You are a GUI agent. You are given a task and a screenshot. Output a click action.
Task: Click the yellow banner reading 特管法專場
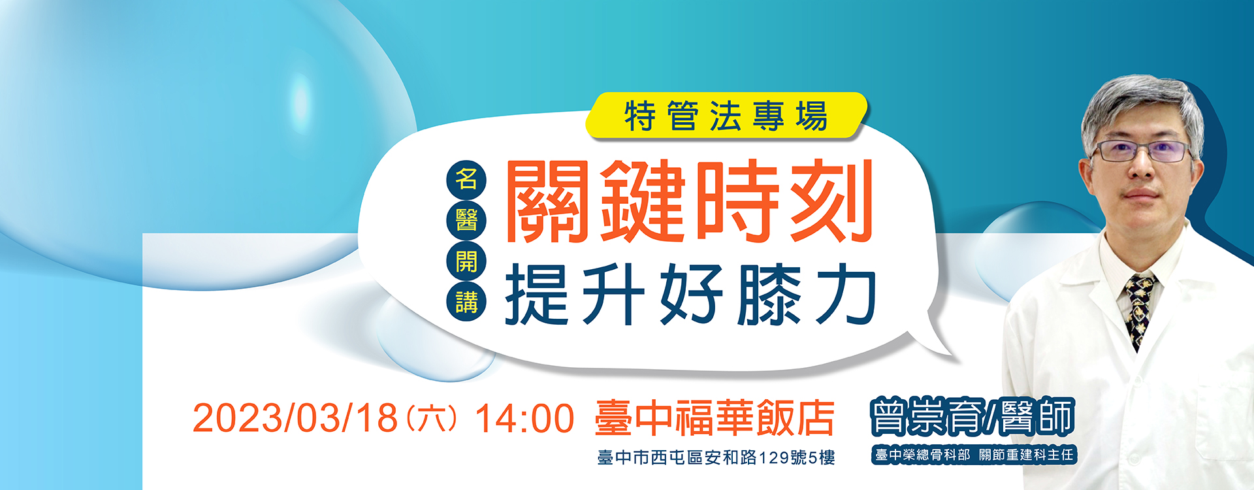pyautogui.click(x=726, y=116)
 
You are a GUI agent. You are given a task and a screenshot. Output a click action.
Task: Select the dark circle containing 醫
pyautogui.click(x=466, y=220)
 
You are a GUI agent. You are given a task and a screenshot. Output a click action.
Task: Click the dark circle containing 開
pyautogui.click(x=466, y=261)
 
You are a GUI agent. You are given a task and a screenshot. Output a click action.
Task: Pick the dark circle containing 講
pyautogui.click(x=466, y=302)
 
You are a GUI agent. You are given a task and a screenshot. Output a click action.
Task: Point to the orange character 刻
pyautogui.click(x=831, y=201)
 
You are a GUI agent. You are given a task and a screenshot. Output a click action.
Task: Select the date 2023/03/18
pyautogui.click(x=295, y=417)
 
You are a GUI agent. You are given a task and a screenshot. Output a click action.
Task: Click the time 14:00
pyautogui.click(x=524, y=418)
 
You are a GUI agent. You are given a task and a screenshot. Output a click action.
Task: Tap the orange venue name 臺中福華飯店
pyautogui.click(x=715, y=417)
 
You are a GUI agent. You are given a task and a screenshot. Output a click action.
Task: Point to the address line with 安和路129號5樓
pyautogui.click(x=716, y=457)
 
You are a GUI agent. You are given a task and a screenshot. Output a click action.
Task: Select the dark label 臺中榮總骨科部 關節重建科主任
pyautogui.click(x=974, y=455)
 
